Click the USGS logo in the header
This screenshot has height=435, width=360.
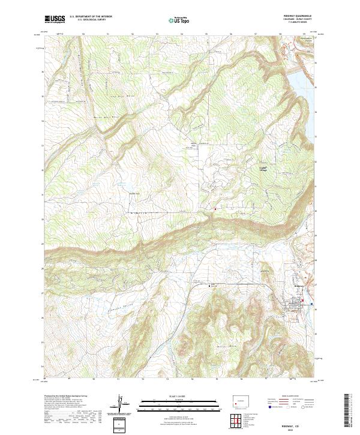[55, 19]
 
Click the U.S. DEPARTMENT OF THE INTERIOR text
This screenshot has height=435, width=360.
[91, 16]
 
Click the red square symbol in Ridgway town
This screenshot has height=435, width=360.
[302, 301]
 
